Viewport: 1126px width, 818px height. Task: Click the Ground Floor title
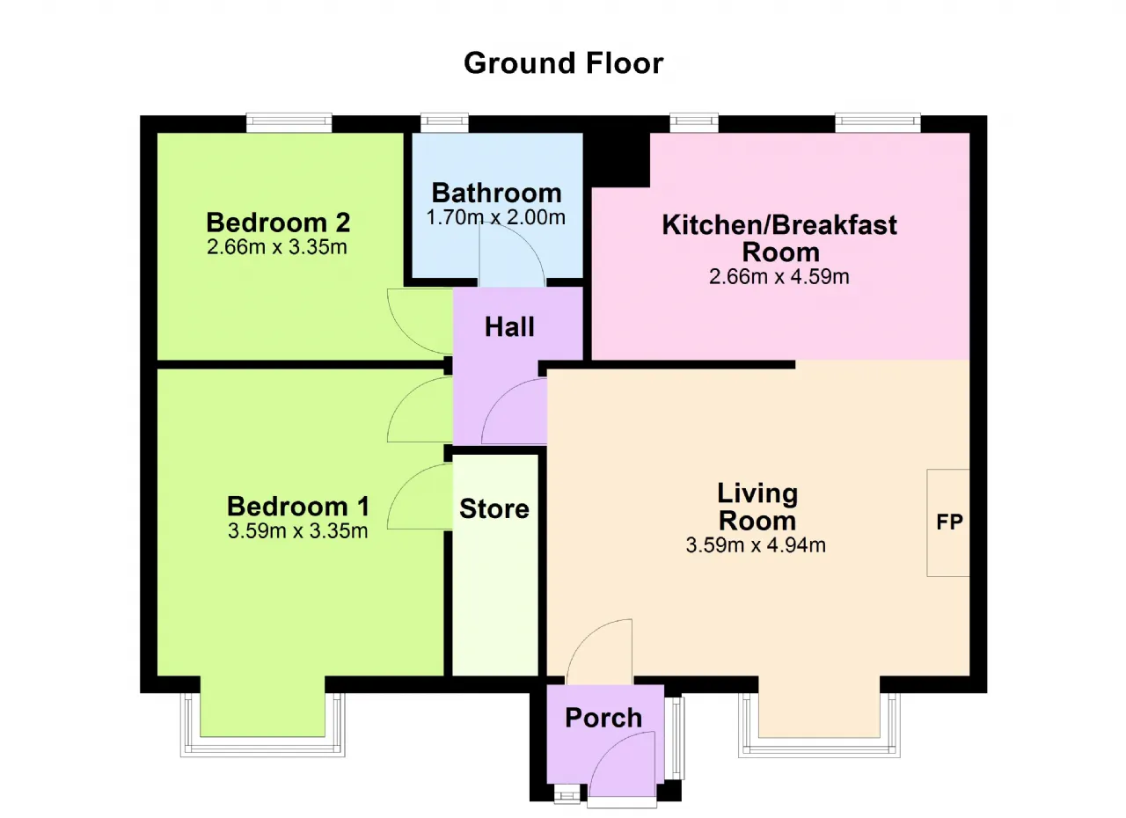(564, 63)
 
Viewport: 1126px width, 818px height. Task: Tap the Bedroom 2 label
(278, 222)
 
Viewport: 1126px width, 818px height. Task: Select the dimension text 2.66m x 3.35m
(277, 247)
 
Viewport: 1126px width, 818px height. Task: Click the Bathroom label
(497, 193)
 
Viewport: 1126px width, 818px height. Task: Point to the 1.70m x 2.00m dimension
(495, 217)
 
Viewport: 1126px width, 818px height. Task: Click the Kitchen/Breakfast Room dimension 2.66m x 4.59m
(779, 277)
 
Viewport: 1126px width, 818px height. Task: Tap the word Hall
(509, 327)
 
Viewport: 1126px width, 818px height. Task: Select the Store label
(494, 508)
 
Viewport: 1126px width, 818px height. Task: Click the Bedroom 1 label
(298, 506)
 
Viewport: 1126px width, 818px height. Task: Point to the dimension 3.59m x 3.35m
(298, 531)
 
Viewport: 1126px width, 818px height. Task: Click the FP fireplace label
(949, 522)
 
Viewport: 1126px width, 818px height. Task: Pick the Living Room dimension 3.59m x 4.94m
(756, 545)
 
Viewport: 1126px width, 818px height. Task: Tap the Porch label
(603, 718)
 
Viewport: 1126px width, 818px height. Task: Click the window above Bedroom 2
(289, 122)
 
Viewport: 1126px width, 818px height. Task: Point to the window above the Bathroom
(444, 122)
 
